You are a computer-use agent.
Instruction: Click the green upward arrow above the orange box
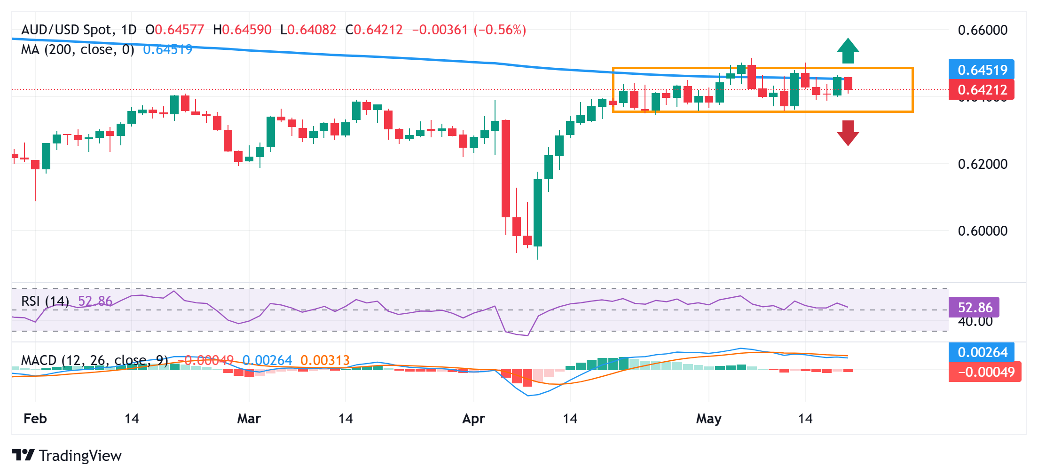coord(848,50)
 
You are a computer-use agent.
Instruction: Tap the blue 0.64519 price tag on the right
coord(982,70)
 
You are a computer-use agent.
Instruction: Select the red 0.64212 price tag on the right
coord(982,89)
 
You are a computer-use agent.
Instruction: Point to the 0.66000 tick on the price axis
coord(983,30)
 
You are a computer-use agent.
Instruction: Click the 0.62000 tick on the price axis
coord(983,164)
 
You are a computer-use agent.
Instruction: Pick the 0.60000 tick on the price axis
coord(983,231)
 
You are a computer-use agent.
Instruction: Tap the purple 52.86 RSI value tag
coord(974,308)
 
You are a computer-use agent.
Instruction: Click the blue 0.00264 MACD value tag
coord(982,352)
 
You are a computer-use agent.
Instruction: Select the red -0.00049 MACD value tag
coord(985,372)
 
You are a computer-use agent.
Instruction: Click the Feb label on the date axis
coord(35,419)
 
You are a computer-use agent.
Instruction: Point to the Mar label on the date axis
coord(249,419)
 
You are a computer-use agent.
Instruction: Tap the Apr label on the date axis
coord(473,419)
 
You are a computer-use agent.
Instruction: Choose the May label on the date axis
coord(708,419)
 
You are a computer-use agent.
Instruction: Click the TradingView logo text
coord(80,456)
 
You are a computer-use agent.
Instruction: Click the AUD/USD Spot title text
coord(68,30)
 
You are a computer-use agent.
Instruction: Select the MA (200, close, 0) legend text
coord(78,49)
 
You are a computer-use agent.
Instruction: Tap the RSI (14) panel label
coord(45,301)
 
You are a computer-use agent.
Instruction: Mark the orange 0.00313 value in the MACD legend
coord(325,361)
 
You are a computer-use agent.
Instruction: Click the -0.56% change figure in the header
coord(500,30)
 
